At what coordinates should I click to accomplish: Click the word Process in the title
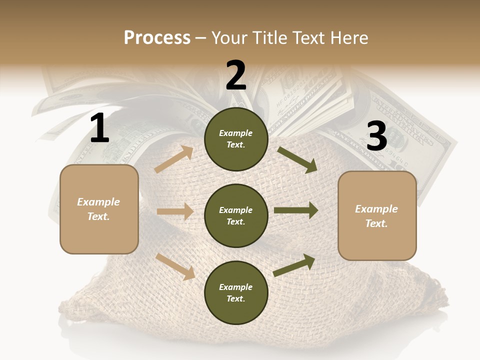click(x=157, y=38)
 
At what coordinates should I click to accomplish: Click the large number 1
click(x=99, y=128)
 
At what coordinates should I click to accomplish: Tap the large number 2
click(x=235, y=75)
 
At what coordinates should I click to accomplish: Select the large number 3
click(x=376, y=136)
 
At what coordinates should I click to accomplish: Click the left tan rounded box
click(x=99, y=209)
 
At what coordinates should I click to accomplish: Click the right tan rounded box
click(x=377, y=216)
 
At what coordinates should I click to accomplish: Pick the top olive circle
click(x=236, y=139)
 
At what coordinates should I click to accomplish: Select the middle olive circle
click(x=236, y=216)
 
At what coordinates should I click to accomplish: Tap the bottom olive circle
click(x=236, y=293)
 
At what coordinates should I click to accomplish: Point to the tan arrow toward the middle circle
click(x=175, y=211)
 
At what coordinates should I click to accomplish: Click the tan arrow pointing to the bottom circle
click(x=175, y=266)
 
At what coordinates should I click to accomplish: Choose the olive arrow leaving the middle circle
click(x=296, y=210)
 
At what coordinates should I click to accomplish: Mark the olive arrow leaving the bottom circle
click(x=294, y=265)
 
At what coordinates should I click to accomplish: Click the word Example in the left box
click(x=98, y=202)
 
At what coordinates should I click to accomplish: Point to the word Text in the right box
click(x=376, y=223)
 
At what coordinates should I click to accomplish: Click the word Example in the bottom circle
click(x=236, y=287)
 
